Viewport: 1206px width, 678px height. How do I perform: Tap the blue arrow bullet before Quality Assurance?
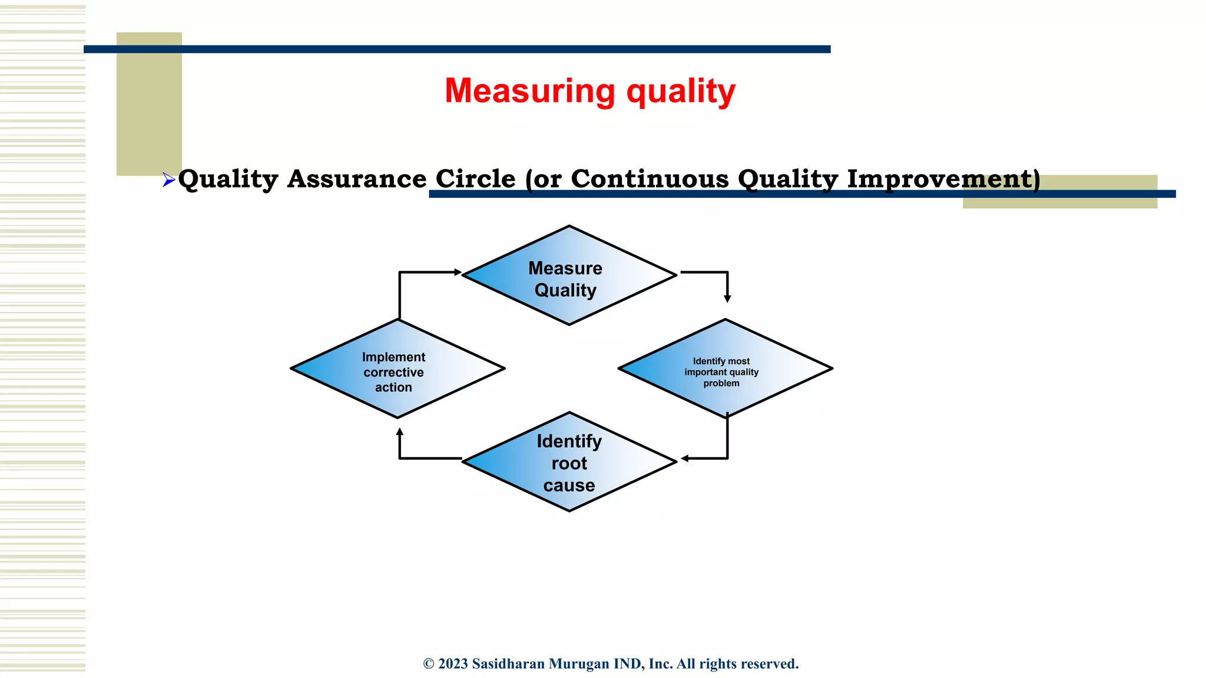click(x=168, y=180)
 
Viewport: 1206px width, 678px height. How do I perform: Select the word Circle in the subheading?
click(x=475, y=179)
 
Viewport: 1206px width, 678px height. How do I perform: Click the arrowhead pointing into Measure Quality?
click(x=458, y=272)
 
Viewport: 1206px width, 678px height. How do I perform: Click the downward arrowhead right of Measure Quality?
click(x=727, y=299)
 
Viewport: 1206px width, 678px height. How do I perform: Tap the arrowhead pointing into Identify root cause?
click(x=685, y=458)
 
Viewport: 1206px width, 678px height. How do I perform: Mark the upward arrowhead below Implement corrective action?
click(x=400, y=432)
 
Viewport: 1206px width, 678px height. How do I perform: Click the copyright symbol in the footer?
click(x=429, y=664)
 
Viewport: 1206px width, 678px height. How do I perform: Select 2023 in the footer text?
click(x=453, y=664)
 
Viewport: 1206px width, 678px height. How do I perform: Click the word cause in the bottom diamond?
click(x=569, y=486)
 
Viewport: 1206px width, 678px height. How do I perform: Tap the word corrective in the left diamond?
click(x=393, y=373)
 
